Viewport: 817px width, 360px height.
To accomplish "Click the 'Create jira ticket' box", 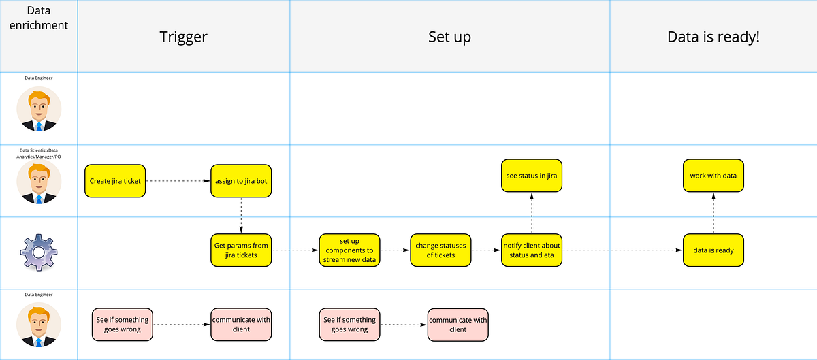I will click(x=115, y=181).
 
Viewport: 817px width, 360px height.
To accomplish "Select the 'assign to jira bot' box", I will click(x=241, y=181).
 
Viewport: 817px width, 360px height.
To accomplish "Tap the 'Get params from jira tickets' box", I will click(x=241, y=250).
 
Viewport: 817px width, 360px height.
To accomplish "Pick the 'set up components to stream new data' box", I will click(x=350, y=250).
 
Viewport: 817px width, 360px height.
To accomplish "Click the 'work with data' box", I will click(x=714, y=176).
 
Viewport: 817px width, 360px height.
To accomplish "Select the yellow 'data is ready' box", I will click(x=714, y=250).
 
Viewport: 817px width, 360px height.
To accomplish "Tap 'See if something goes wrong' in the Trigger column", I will click(x=121, y=325).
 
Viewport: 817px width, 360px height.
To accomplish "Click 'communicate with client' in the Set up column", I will click(x=458, y=325).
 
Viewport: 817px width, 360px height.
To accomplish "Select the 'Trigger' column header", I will click(x=183, y=37).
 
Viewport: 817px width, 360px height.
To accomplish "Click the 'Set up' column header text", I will click(x=449, y=37).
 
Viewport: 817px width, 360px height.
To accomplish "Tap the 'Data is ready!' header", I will click(x=713, y=37).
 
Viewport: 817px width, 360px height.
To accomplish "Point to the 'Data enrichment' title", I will click(x=39, y=18).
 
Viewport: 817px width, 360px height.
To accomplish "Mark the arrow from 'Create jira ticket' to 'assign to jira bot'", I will click(x=178, y=181).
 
